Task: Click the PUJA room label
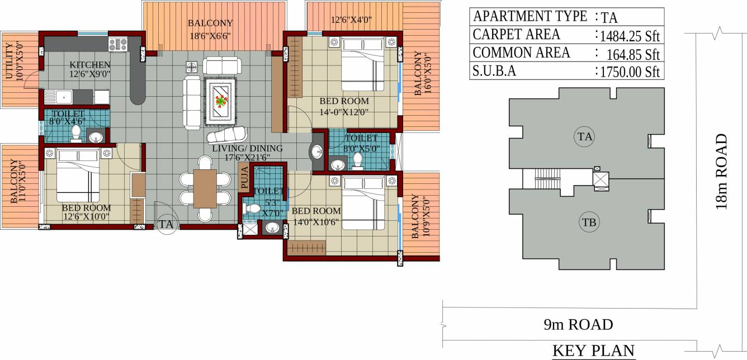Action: tap(244, 178)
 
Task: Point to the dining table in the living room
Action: tap(205, 188)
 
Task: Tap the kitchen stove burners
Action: tap(119, 44)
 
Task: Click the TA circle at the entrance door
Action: tap(166, 224)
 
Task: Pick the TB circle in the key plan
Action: tap(588, 222)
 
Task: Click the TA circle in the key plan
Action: tap(584, 136)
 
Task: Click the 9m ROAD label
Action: tap(578, 324)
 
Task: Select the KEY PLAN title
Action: tap(594, 351)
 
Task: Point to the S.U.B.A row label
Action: tap(495, 71)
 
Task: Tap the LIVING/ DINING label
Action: tap(247, 149)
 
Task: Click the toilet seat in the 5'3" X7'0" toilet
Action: tap(253, 209)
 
